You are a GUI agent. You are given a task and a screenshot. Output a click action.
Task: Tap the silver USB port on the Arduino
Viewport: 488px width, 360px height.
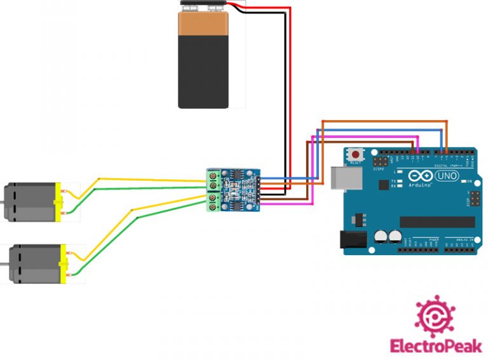coord(339,177)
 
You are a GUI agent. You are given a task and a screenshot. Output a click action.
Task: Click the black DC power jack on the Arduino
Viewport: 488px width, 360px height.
coord(353,240)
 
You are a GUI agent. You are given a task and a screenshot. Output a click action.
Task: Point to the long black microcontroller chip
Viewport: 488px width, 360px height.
coord(437,222)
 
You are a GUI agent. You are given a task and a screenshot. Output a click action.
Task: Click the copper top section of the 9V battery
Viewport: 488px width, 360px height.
coord(203,24)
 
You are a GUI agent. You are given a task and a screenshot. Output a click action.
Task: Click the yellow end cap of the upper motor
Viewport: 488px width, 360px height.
coord(59,202)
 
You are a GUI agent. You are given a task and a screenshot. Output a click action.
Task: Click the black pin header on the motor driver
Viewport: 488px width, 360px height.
coord(258,191)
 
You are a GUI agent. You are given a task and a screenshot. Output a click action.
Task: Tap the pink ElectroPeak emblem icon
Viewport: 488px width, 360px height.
coord(436,316)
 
